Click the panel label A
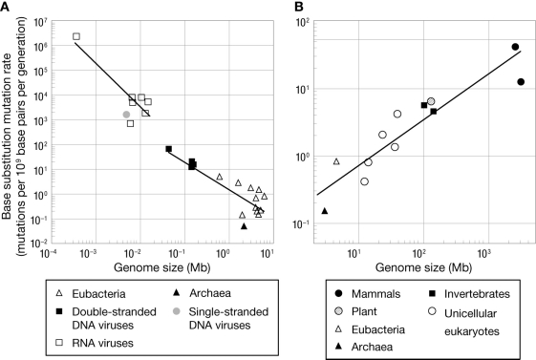(7, 8)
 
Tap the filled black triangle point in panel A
(245, 226)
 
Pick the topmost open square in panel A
(76, 37)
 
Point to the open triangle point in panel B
(336, 161)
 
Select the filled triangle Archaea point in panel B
(325, 211)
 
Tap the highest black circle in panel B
(515, 47)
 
